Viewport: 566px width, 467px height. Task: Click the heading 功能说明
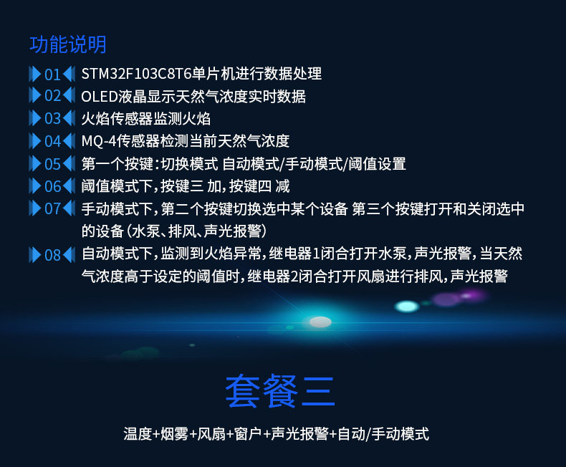(x=68, y=44)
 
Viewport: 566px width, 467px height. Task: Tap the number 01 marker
(x=52, y=74)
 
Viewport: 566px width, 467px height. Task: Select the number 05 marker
(x=52, y=164)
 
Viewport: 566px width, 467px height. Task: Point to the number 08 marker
(x=52, y=255)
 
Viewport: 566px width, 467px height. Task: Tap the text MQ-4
(x=97, y=141)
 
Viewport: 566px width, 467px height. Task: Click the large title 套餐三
(x=280, y=390)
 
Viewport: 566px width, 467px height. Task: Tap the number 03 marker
(x=52, y=119)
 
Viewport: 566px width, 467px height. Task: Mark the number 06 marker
(x=52, y=186)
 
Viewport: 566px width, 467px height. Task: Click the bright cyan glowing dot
(x=407, y=307)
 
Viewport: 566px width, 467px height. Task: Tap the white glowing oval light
(x=320, y=322)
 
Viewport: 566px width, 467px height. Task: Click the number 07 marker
(x=52, y=209)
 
